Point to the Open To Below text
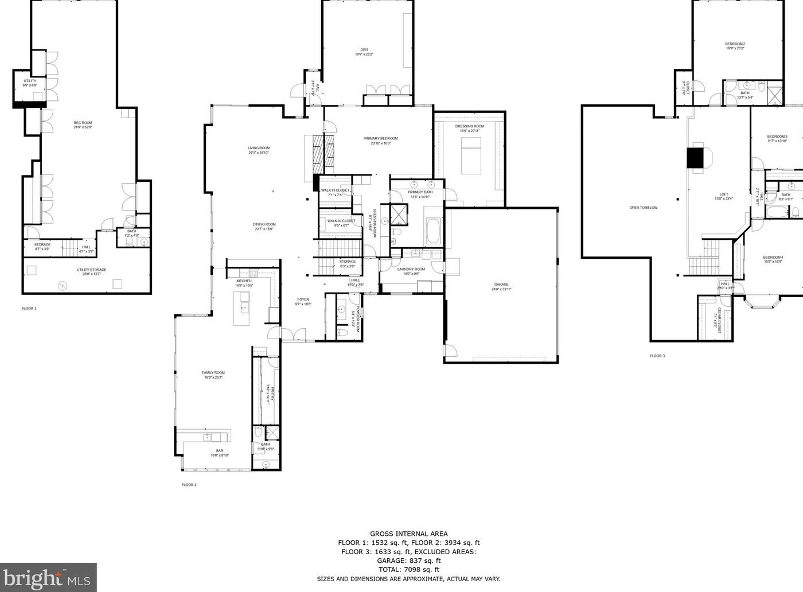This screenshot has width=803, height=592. pyautogui.click(x=643, y=208)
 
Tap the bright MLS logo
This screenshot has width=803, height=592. pyautogui.click(x=48, y=577)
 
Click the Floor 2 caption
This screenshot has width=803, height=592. pyautogui.click(x=189, y=485)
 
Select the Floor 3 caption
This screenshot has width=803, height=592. pyautogui.click(x=657, y=356)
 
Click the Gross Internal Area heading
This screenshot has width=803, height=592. pyautogui.click(x=408, y=533)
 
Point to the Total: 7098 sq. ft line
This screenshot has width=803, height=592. pyautogui.click(x=408, y=570)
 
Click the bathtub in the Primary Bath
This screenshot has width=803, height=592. pyautogui.click(x=432, y=231)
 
